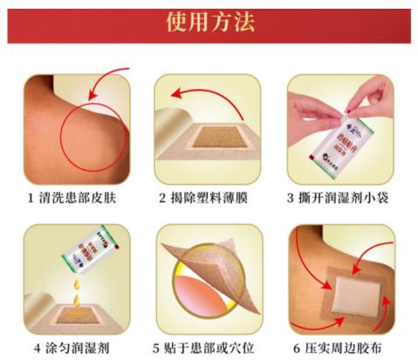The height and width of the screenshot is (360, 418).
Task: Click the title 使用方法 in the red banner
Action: tap(210, 21)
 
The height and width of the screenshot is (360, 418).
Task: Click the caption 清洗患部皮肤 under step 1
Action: tap(85, 198)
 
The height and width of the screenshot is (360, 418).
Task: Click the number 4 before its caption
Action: tap(31, 348)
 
